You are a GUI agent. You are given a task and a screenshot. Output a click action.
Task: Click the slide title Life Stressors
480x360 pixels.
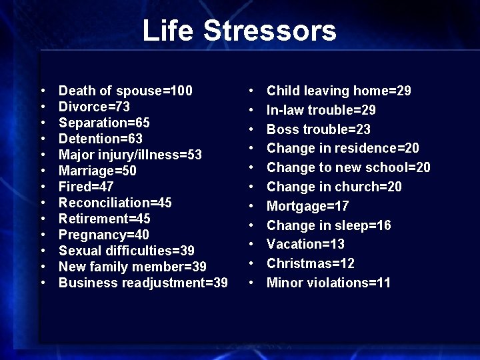(x=239, y=31)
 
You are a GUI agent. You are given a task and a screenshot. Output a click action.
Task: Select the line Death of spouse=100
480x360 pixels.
(x=125, y=91)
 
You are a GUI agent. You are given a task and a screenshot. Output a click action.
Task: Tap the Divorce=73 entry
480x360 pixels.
(x=94, y=107)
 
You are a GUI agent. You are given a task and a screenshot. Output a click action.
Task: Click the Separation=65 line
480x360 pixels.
(x=104, y=123)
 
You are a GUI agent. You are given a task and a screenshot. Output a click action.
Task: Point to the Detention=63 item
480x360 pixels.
(x=101, y=139)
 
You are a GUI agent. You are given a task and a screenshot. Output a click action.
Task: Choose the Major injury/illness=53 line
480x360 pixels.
(x=130, y=155)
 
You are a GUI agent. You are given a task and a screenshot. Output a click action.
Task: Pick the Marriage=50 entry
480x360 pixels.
(x=97, y=171)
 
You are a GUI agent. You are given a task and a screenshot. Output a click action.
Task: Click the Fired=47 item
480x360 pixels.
(x=85, y=187)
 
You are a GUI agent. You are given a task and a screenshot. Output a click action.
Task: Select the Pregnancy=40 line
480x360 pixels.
(x=104, y=235)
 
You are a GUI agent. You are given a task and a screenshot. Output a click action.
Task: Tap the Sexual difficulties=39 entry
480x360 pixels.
(x=127, y=251)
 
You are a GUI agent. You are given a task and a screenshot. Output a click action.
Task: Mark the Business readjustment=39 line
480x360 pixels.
(x=143, y=283)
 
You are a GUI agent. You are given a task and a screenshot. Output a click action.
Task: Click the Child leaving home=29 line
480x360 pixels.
(x=339, y=91)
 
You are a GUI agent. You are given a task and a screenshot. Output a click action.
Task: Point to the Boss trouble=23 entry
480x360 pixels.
(x=319, y=129)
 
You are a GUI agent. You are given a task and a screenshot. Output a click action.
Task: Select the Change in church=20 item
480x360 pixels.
(x=334, y=187)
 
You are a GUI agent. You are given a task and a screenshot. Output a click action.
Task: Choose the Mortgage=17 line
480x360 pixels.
(x=307, y=206)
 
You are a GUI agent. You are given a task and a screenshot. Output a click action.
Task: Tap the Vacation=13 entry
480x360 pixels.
(x=305, y=244)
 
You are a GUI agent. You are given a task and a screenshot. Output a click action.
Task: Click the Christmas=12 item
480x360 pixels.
(x=311, y=263)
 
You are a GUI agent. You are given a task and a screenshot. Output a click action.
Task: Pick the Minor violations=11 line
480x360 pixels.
(x=329, y=283)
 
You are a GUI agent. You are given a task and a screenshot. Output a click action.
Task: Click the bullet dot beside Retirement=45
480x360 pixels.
(x=43, y=219)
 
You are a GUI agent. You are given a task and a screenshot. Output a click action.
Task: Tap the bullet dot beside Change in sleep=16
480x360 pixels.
(x=251, y=226)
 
